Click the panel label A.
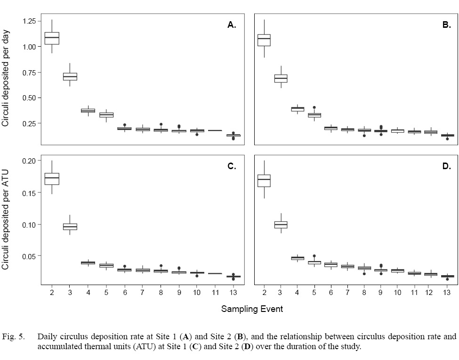coord(232,25)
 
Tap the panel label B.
coord(446,25)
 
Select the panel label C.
coord(232,166)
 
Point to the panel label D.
coord(446,166)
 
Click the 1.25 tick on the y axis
coord(29,21)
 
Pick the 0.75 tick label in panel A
coord(29,73)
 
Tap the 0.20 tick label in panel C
coord(29,161)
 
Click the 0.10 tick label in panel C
coord(29,224)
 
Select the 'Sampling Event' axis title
coord(252,309)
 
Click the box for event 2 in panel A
coord(52,38)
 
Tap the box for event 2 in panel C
coord(52,179)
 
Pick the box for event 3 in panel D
coord(281,225)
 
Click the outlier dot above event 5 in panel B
coord(314,107)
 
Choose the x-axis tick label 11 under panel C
coord(215,293)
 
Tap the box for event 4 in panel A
coord(88,111)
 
